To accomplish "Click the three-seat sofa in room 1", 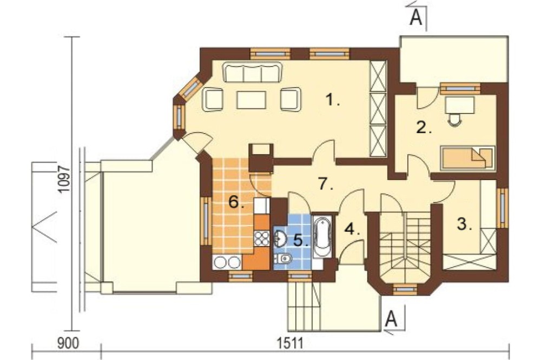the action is [x=253, y=72].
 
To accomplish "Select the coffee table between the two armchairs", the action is [x=252, y=99].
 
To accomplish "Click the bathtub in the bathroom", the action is [x=322, y=236].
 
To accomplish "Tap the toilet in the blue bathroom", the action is [x=283, y=258].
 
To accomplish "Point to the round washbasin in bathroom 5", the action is [x=280, y=238].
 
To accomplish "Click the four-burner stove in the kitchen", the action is [x=261, y=238].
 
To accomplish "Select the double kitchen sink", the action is [x=227, y=262].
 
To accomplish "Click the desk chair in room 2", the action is [x=455, y=119].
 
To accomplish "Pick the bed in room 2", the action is [x=467, y=158].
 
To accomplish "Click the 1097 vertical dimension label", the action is [x=64, y=179].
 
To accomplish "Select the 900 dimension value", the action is [x=68, y=343].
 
